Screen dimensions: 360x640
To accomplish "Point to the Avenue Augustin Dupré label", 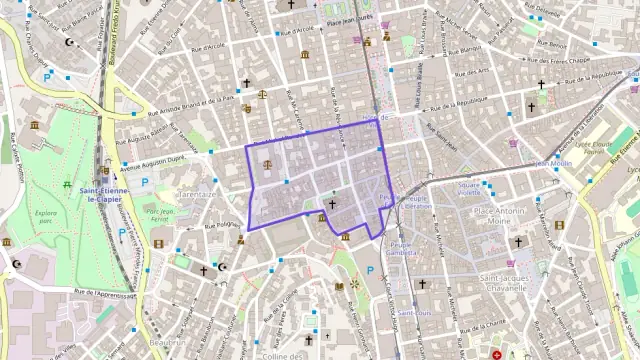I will [x=156, y=161].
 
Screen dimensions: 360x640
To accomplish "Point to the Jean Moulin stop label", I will [x=554, y=163].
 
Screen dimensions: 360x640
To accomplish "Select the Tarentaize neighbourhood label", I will [x=197, y=194].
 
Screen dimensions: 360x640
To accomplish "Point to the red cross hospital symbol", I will [x=497, y=354].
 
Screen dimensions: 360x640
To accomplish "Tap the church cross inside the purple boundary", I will [x=332, y=203].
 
